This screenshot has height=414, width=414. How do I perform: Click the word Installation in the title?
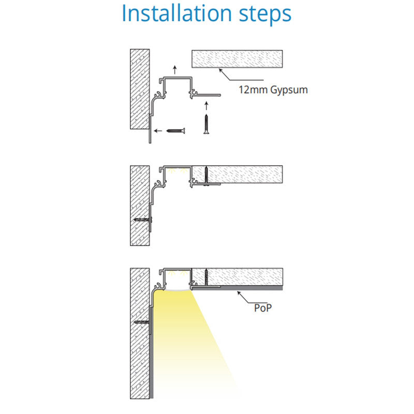176,13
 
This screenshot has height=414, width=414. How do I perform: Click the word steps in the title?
265,15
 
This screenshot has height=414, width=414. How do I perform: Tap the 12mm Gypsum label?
273,90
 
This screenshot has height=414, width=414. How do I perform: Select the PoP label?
263,308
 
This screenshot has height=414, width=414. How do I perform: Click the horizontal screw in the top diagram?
175,130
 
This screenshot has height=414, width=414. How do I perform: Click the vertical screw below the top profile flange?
206,124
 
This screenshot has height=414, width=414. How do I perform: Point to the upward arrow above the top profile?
174,70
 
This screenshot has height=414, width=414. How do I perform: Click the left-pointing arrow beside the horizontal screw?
158,131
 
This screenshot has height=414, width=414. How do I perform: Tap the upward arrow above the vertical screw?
206,106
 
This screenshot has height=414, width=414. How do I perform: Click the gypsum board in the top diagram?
237,59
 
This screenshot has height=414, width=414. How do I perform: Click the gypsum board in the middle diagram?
237,174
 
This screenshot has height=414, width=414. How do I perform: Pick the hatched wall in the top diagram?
140,89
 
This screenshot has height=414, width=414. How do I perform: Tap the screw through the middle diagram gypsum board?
206,176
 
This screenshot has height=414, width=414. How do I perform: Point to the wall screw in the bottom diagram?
142,322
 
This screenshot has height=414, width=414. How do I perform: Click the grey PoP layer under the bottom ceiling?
237,288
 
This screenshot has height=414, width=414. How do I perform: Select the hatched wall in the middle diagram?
140,205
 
